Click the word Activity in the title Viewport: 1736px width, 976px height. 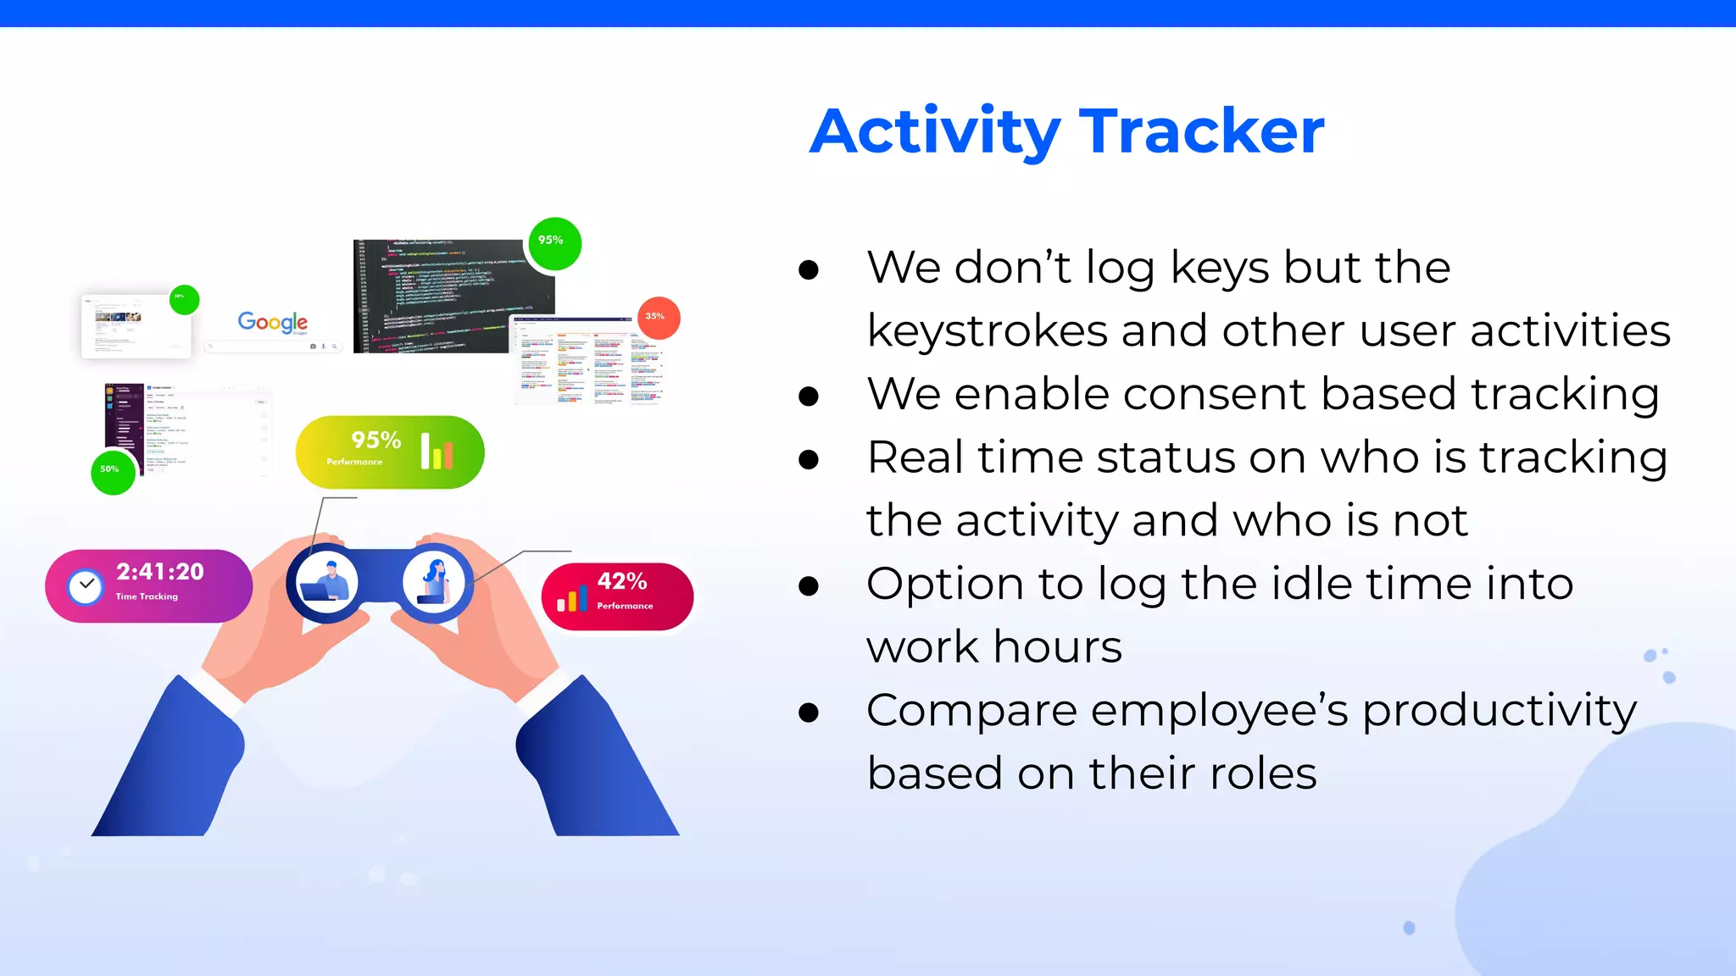pos(935,131)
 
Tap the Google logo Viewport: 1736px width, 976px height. pos(272,322)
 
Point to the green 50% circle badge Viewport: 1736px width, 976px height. pos(113,472)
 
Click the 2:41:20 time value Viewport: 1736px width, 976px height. pos(160,572)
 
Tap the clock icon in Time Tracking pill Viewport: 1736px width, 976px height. pos(86,586)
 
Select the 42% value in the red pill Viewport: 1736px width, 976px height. pos(621,581)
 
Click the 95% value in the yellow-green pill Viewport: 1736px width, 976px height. pos(376,441)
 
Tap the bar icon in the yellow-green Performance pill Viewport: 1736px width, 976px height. pos(437,452)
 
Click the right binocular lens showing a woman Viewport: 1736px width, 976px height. pos(434,583)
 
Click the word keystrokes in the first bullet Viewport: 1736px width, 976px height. pos(987,330)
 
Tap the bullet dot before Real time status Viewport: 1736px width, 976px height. pos(809,459)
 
